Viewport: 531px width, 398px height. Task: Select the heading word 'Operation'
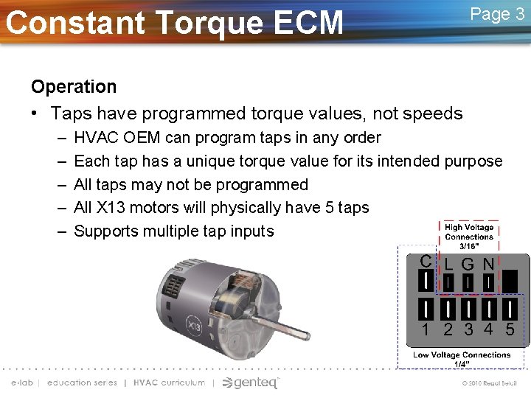coord(74,87)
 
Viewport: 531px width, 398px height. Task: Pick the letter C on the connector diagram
coord(426,261)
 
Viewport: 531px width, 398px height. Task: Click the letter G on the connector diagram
coord(468,263)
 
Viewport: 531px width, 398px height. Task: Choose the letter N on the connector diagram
coord(488,263)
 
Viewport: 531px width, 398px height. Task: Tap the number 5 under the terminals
coord(510,329)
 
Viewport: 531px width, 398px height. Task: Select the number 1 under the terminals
coord(426,329)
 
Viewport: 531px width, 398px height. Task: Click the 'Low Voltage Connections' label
coord(462,358)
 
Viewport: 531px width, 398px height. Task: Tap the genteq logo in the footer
coord(251,383)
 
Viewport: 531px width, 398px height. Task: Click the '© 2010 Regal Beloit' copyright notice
coord(490,383)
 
